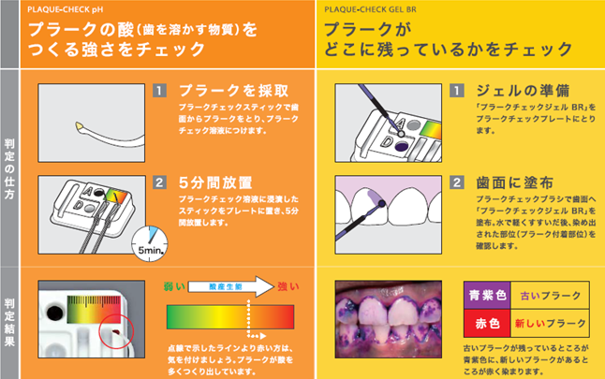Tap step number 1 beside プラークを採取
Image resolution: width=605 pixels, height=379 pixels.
(x=160, y=92)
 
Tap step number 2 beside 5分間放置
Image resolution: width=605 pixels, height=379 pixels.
(x=160, y=182)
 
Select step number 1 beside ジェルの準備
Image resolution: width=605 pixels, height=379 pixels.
(x=457, y=92)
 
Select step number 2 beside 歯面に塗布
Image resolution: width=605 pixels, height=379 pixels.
(x=457, y=182)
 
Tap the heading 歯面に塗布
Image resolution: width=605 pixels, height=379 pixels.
(x=512, y=182)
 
